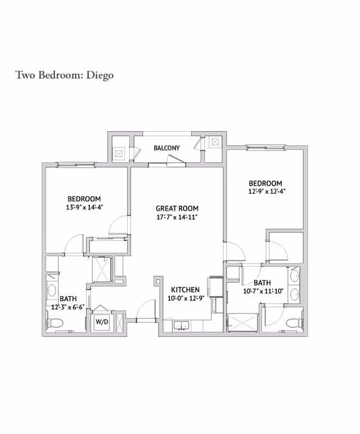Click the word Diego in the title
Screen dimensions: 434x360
(100, 75)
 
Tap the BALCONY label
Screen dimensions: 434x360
(166, 148)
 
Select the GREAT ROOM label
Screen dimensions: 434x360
(177, 208)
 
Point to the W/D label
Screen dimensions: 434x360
(102, 323)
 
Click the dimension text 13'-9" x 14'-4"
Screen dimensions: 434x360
(84, 207)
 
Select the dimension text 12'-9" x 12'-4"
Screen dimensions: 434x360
(265, 191)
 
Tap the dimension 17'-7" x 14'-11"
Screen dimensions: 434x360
(177, 217)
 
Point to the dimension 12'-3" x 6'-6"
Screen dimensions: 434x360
(67, 307)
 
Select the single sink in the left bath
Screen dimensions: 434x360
(52, 290)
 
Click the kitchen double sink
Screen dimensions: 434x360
(181, 325)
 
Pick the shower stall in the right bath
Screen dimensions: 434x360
(243, 322)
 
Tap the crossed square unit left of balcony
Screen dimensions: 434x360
(119, 152)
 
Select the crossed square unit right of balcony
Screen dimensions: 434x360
(215, 142)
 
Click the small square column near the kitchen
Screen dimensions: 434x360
(158, 280)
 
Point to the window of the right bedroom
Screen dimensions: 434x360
(264, 148)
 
